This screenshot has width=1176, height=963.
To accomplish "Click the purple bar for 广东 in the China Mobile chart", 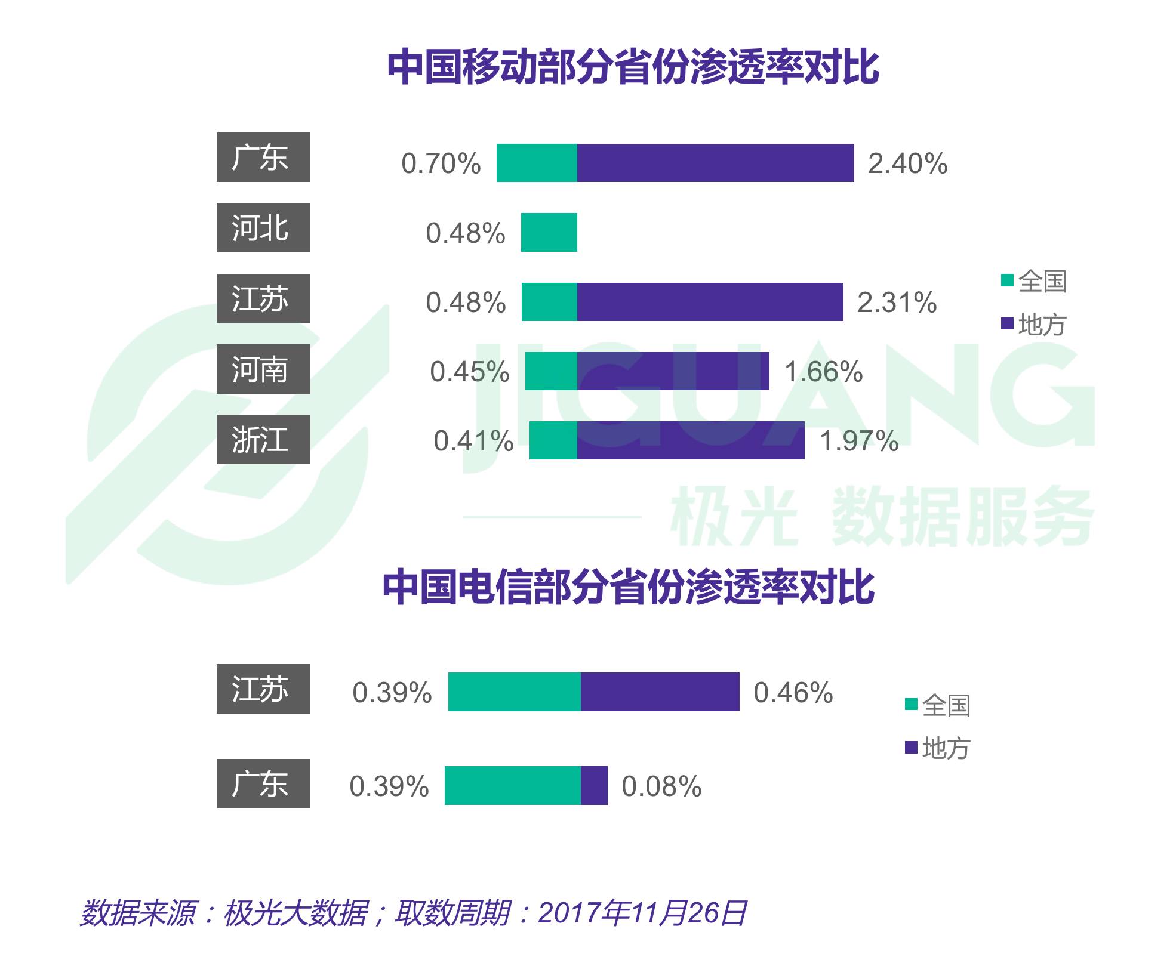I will coord(715,163).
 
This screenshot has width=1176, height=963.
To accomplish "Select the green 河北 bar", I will coord(549,233).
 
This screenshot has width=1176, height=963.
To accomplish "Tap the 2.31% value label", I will coord(897,303).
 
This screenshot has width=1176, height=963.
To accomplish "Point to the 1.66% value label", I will coord(823,372).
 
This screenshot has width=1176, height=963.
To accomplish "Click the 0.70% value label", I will coord(441,163).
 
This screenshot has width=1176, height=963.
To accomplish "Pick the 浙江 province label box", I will coord(263,440).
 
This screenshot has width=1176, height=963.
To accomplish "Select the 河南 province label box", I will coord(263,369).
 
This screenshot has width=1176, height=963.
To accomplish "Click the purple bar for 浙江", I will coord(690,441).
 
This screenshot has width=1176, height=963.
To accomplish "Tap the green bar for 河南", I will coord(551,372).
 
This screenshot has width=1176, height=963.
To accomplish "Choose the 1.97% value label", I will coord(858,442).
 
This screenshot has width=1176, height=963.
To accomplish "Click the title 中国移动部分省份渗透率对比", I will coord(633,67).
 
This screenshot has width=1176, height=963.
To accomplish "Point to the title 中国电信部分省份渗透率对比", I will coord(628,588).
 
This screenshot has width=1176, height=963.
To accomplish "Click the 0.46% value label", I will coord(793,693).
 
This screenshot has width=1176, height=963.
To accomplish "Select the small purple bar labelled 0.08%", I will coord(594,786).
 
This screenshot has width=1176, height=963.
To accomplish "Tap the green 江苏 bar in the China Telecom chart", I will coord(514,692).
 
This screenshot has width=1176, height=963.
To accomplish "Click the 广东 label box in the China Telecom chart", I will coord(263,784).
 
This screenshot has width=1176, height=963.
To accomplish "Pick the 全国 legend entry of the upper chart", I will coord(1034,281).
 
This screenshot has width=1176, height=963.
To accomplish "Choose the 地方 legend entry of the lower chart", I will coord(938,748).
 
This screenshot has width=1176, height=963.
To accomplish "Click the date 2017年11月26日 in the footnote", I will coord(642,913).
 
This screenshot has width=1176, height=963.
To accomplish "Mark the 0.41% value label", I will coord(473,442).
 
